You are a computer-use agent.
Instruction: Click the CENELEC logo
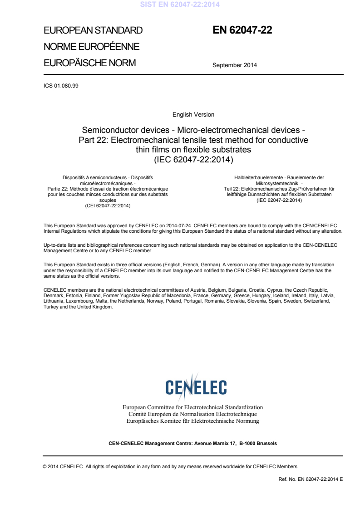(x=196, y=387)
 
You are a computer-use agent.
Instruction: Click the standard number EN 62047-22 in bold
(x=242, y=30)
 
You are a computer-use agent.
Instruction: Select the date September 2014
(x=234, y=65)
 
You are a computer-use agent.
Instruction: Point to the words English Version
(x=193, y=115)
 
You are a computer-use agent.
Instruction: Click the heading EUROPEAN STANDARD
(x=93, y=31)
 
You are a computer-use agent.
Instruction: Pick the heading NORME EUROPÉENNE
(x=91, y=47)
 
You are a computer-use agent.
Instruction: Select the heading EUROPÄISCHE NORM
(x=89, y=63)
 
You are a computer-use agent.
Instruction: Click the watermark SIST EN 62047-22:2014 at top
(x=180, y=5)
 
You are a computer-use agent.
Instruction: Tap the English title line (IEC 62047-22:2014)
(x=193, y=159)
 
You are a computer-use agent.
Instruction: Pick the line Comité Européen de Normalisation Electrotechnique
(x=193, y=414)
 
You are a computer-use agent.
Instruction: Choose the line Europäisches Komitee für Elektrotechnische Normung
(x=193, y=421)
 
